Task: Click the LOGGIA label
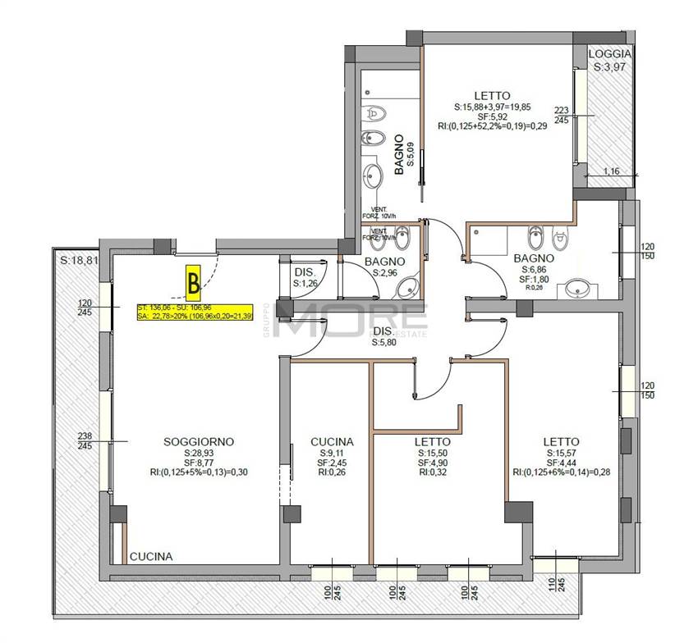click(610, 54)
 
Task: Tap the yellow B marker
click(194, 283)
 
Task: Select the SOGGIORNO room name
click(199, 441)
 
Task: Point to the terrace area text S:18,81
click(80, 260)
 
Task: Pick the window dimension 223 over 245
click(561, 114)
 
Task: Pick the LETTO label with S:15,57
click(561, 441)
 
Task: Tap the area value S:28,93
click(199, 453)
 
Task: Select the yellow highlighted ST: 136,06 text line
click(176, 308)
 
